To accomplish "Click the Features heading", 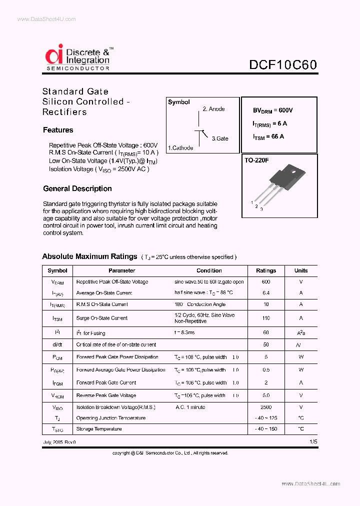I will (58, 130).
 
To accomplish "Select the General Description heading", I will (77, 188).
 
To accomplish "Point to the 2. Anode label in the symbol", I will (213, 109).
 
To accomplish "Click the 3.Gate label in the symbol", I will (219, 138).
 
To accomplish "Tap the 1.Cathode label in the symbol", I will (180, 148).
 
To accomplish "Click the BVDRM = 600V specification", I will (272, 110).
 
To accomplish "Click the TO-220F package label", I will (256, 161).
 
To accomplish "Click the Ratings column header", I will (266, 270).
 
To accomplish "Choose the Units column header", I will (301, 270).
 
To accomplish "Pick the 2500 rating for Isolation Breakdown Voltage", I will (266, 407).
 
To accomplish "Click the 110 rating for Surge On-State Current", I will (266, 318).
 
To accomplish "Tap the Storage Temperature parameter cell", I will (99, 429).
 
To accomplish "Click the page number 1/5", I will (313, 442).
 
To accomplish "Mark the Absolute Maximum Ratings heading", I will (89, 256).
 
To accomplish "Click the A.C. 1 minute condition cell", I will (190, 407).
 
